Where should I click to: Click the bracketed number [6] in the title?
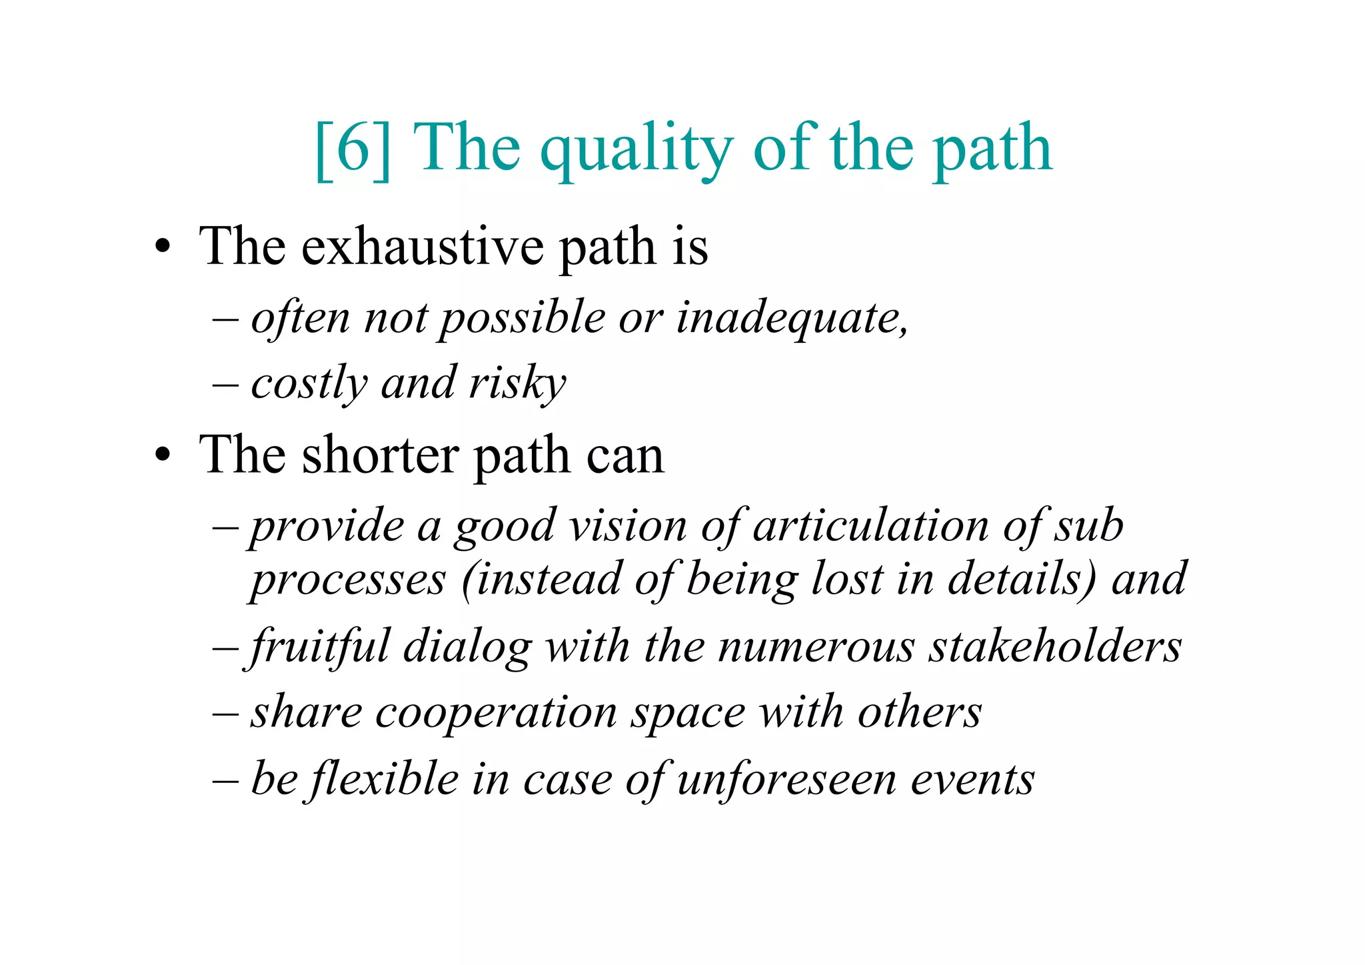(x=353, y=149)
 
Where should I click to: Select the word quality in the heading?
(x=637, y=151)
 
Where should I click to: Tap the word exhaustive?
(x=423, y=247)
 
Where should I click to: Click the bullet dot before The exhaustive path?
(x=162, y=248)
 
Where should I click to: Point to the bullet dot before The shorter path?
(x=162, y=456)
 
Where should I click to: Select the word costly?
(x=309, y=384)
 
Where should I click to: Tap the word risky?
(x=517, y=384)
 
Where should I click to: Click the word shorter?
(x=380, y=456)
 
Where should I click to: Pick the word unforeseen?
(x=786, y=779)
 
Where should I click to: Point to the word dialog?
(x=467, y=648)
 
